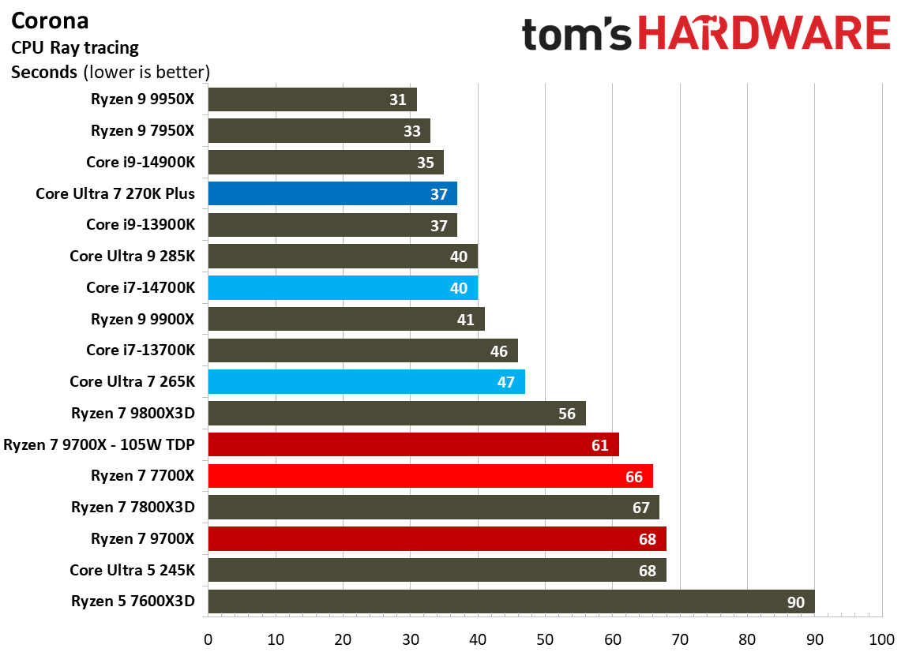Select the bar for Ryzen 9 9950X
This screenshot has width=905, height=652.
pos(312,99)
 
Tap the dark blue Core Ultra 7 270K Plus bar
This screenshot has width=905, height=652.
pos(332,193)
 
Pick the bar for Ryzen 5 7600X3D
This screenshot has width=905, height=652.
pos(510,602)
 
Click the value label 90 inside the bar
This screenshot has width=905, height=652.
pos(795,603)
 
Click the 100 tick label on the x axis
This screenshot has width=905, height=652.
pos(881,638)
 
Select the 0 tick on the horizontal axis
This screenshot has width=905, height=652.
pos(208,638)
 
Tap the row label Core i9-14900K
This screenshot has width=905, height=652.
pos(141,162)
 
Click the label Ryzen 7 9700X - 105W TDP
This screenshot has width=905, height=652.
pos(99,444)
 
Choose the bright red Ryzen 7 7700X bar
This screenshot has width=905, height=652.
pos(430,476)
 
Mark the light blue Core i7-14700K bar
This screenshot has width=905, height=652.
pos(342,288)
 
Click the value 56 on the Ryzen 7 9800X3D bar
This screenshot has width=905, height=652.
pos(566,414)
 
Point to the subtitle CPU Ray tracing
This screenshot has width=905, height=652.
pos(75,47)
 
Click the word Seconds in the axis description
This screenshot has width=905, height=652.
pos(43,73)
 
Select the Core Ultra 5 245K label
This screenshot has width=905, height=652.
pos(132,570)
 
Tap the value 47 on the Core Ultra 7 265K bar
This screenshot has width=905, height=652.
pos(505,383)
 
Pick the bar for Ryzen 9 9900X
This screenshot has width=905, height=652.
pos(345,319)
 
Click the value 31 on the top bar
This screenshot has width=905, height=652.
pos(397,99)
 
